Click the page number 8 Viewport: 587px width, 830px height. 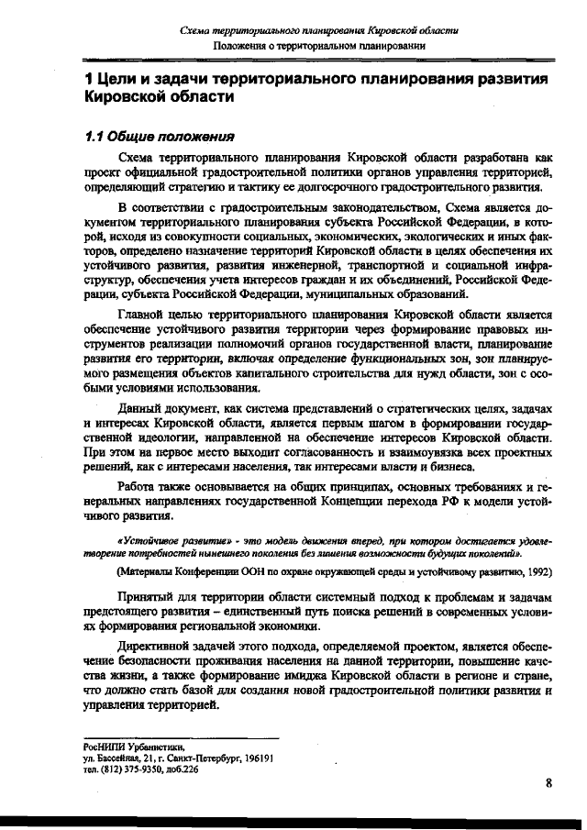click(x=548, y=782)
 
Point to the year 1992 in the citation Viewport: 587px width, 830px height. click(x=537, y=570)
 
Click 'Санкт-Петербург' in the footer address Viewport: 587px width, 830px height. click(x=199, y=759)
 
